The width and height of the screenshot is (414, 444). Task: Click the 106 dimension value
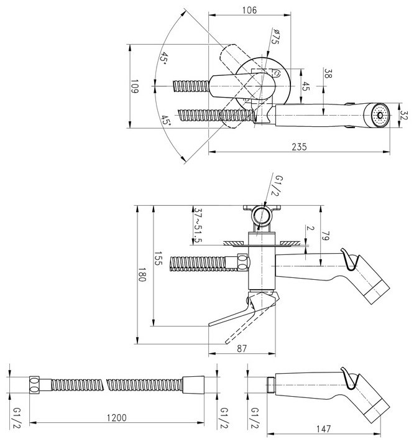(250, 10)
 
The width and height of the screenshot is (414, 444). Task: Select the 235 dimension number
(299, 147)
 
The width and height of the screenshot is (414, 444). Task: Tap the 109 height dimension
(134, 86)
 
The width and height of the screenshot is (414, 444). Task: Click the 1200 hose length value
(117, 418)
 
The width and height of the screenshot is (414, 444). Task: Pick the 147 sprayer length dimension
(323, 428)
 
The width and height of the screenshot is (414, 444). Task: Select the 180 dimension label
(142, 275)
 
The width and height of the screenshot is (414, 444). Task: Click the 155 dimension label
(158, 258)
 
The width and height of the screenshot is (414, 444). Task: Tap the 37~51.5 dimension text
(198, 225)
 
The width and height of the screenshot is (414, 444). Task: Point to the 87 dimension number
(242, 349)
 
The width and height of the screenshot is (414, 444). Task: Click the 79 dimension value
(325, 236)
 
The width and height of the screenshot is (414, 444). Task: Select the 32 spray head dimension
(405, 116)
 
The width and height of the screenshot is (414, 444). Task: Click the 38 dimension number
(328, 73)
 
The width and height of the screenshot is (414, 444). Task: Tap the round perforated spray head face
(380, 115)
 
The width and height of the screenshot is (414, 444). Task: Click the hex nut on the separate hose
(35, 384)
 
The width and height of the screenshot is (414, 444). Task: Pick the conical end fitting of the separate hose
(193, 384)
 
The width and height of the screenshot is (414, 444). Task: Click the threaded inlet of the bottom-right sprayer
(271, 384)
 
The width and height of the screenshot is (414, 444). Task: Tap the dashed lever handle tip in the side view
(226, 343)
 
